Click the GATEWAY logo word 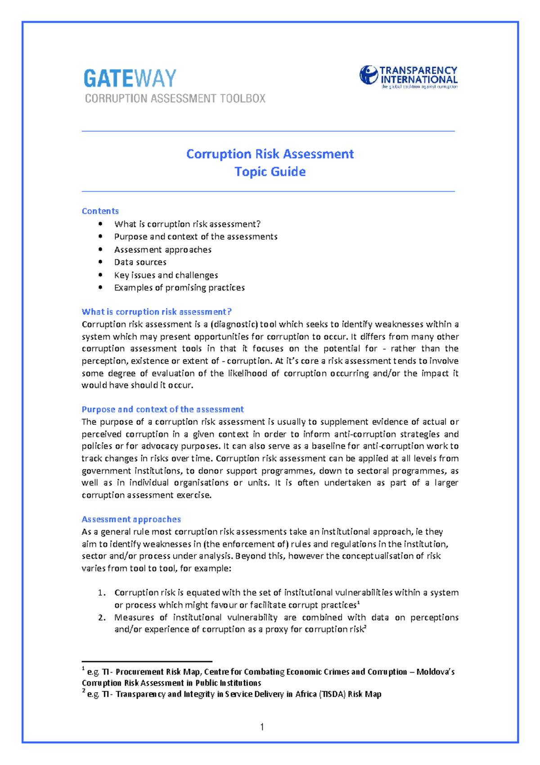(x=130, y=78)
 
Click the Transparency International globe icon (x=369, y=75)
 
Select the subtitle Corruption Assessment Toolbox (x=175, y=99)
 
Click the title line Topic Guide (x=270, y=172)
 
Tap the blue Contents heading (x=100, y=211)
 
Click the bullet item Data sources (x=140, y=262)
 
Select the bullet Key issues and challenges (x=166, y=275)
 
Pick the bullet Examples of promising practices (x=179, y=287)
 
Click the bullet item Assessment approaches (x=162, y=250)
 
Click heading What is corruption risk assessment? (x=156, y=312)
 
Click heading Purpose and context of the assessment (x=162, y=409)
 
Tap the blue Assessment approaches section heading (x=131, y=519)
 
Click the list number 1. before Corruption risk (x=102, y=592)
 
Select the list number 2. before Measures (x=102, y=617)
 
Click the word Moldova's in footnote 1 (x=435, y=672)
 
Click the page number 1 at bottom (x=262, y=727)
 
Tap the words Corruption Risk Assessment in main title (x=270, y=154)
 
